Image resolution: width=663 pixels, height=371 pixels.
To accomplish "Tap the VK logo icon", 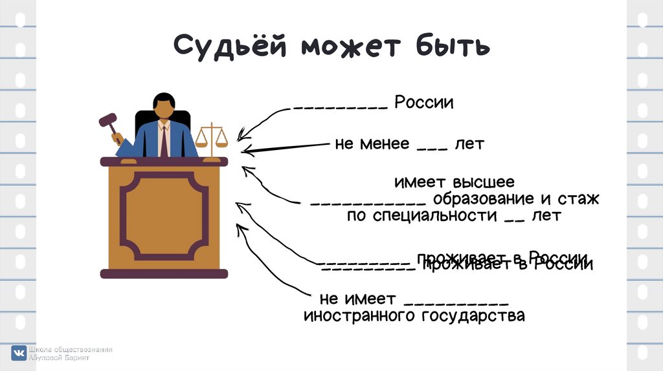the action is pyautogui.click(x=18, y=353).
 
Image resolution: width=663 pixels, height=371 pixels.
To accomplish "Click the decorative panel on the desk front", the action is pyautogui.click(x=164, y=215).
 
